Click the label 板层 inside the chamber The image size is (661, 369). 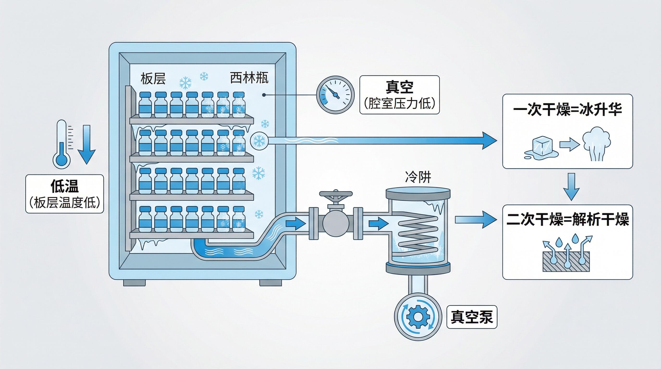point(153,79)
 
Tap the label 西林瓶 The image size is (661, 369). point(249,78)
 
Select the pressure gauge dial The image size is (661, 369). point(335,95)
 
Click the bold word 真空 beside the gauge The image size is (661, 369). point(399,87)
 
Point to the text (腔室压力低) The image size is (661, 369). point(399,104)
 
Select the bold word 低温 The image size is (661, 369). point(64,186)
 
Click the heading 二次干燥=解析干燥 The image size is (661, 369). point(567,220)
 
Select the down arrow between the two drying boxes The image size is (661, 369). point(571,187)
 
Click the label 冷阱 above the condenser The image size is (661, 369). point(418,177)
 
